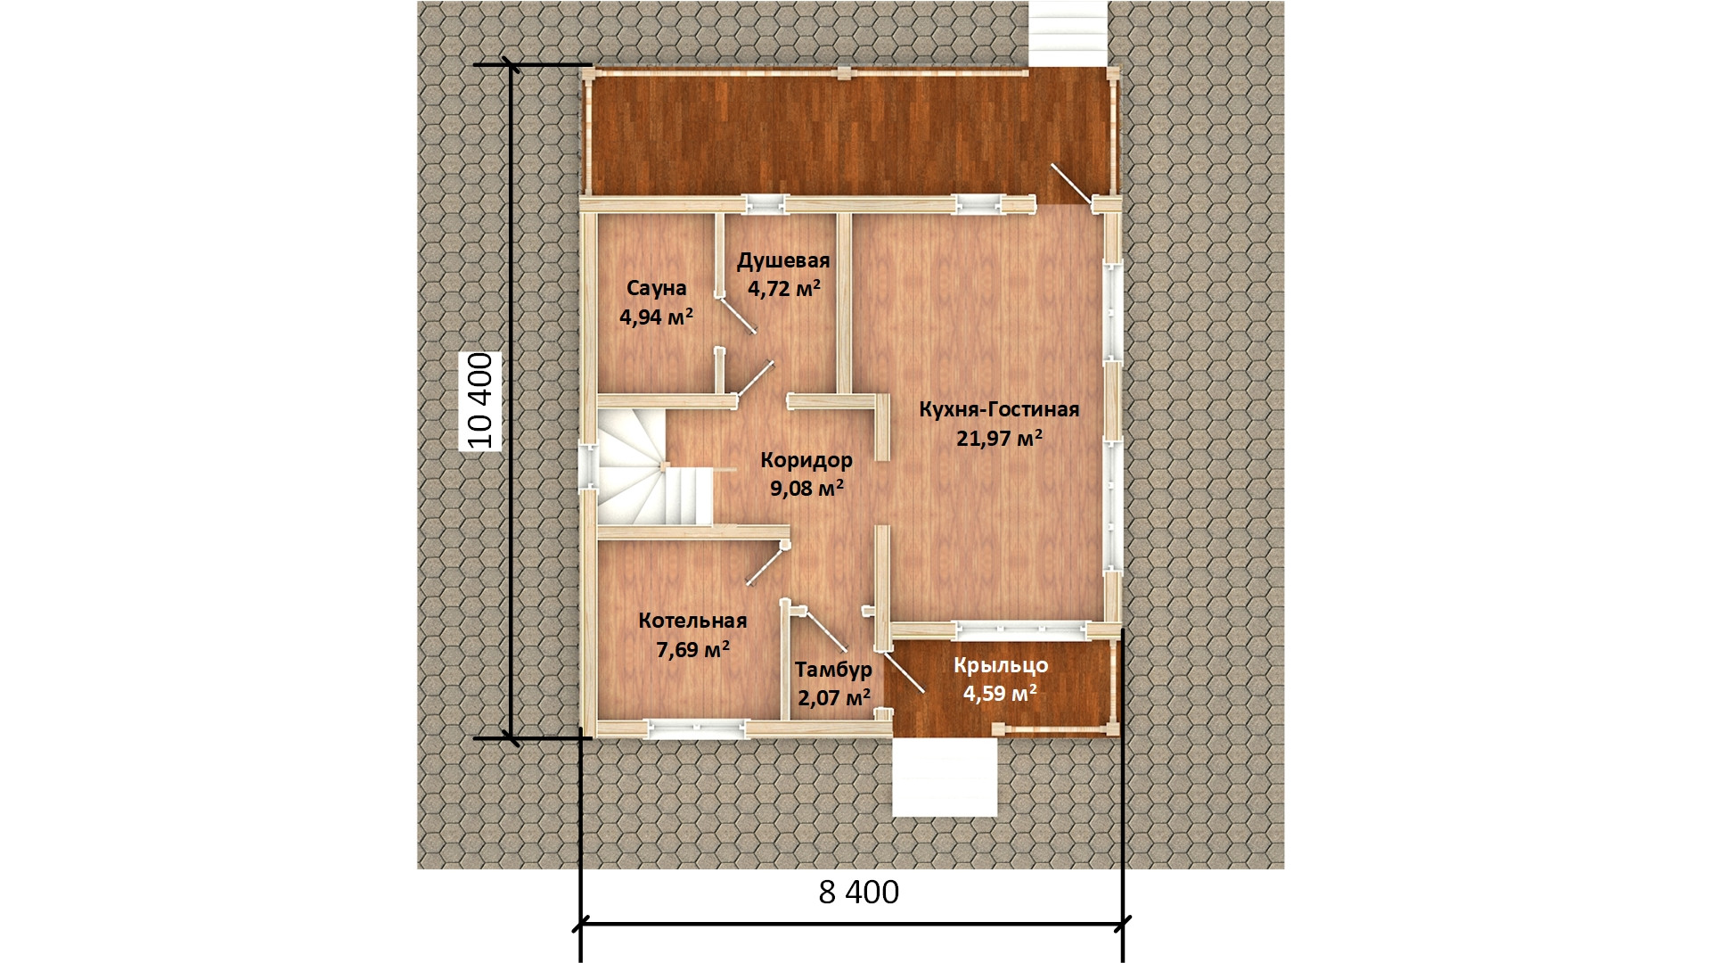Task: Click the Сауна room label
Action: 656,288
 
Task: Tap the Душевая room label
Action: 783,260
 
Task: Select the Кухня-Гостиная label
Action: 999,409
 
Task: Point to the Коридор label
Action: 806,460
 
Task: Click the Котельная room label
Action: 692,621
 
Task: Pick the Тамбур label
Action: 833,669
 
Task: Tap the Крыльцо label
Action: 1001,665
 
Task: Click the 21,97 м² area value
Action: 999,438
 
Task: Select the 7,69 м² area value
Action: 693,649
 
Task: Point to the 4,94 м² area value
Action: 656,317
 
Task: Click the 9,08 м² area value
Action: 806,489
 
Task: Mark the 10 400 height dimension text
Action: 479,400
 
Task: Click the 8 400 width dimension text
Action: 859,892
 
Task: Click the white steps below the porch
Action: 945,777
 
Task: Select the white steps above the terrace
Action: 1068,33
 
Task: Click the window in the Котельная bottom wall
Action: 695,729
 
